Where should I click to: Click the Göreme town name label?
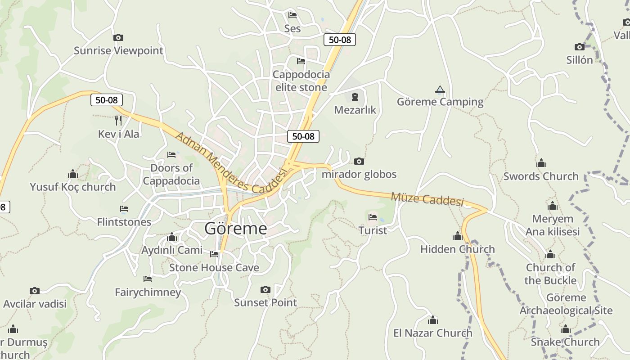click(235, 229)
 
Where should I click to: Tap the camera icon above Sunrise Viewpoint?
click(118, 38)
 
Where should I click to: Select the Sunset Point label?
click(265, 302)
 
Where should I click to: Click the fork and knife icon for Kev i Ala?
click(118, 120)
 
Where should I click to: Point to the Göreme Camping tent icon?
click(440, 90)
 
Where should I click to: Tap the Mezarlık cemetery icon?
click(355, 96)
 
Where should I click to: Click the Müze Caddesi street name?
click(427, 198)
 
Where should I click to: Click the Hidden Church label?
click(457, 249)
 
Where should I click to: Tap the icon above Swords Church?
click(541, 163)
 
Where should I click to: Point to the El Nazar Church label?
click(432, 333)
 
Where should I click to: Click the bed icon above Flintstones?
click(124, 209)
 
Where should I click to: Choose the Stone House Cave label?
click(214, 268)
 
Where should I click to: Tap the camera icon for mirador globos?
click(359, 161)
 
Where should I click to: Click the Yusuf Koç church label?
click(73, 187)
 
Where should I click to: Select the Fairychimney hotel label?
click(148, 292)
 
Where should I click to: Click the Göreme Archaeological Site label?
click(566, 304)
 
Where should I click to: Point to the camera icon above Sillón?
click(579, 47)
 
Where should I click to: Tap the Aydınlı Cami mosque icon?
click(171, 237)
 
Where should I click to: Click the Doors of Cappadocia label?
click(171, 174)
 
